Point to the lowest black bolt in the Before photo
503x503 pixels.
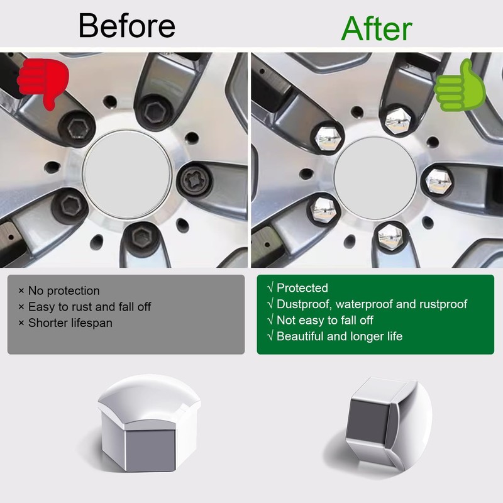click(143, 239)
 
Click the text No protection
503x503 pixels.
click(62, 291)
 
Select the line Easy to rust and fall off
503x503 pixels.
click(88, 307)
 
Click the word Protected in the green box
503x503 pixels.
click(302, 289)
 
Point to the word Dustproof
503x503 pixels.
click(302, 305)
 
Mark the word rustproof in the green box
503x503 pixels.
click(441, 305)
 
